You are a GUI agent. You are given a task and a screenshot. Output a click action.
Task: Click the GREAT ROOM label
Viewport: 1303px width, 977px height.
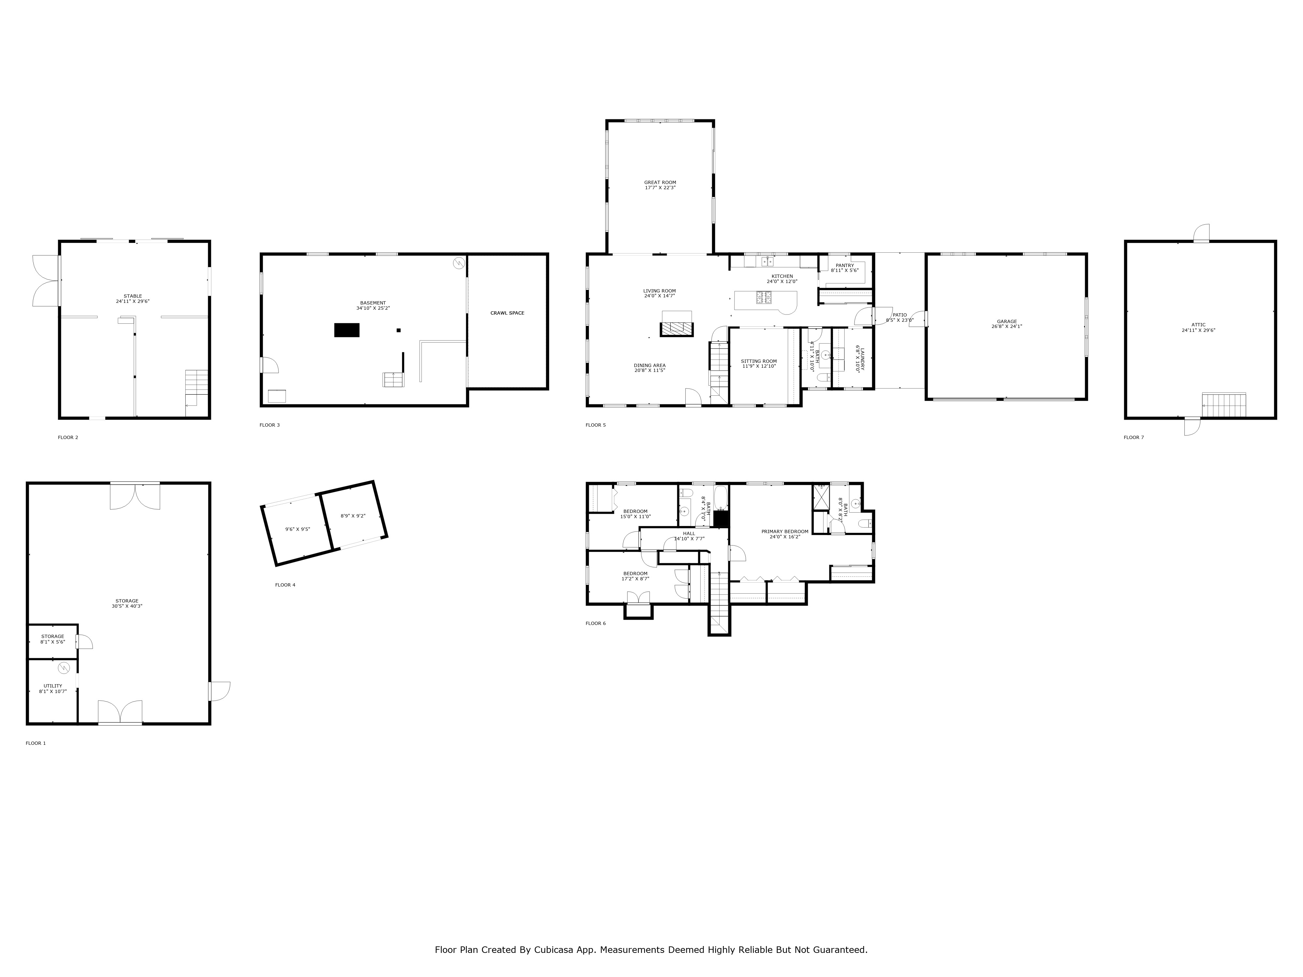660,183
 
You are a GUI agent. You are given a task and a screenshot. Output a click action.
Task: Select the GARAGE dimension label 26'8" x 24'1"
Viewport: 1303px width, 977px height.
1007,326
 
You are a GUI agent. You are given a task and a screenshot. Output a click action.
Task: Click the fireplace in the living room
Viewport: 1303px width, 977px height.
677,329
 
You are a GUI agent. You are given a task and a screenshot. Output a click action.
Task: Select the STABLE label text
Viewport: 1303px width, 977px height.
133,296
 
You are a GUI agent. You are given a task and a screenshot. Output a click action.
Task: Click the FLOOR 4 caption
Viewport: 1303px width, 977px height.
285,585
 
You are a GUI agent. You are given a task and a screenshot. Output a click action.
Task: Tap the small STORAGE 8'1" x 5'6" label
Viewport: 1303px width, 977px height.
52,637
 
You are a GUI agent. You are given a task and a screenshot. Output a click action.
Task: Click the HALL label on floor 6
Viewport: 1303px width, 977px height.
689,533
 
